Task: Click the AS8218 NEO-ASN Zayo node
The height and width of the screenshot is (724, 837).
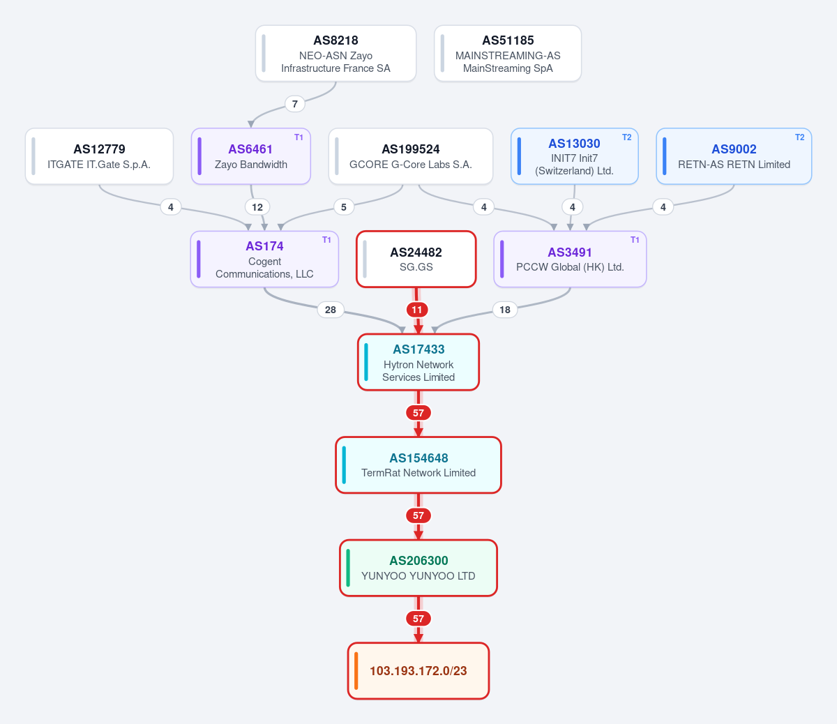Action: (335, 54)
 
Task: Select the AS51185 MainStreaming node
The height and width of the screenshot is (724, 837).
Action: (508, 54)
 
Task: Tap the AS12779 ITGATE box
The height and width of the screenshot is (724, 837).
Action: (99, 156)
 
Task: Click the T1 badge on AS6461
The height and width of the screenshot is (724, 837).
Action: (299, 137)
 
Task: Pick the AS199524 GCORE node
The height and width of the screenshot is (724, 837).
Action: (411, 156)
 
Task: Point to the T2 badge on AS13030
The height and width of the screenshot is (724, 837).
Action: (627, 137)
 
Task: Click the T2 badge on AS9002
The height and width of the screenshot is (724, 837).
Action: (800, 137)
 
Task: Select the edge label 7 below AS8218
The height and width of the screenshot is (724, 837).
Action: (295, 104)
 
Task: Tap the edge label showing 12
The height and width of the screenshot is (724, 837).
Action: (257, 207)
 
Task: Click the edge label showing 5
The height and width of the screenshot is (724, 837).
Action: (344, 207)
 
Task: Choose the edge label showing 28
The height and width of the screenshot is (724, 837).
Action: (331, 310)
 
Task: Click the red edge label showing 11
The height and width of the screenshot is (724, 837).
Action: (417, 310)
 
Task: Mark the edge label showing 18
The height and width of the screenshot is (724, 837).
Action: (505, 310)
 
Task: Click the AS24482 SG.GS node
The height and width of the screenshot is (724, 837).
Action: (416, 259)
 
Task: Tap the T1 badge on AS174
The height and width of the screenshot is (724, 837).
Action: (327, 240)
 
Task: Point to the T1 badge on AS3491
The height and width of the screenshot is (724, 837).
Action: (635, 240)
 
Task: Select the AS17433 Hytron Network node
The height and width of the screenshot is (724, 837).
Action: (418, 363)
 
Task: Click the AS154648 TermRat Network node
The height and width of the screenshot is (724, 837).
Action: (418, 465)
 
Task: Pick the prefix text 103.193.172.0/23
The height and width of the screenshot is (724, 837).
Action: (418, 671)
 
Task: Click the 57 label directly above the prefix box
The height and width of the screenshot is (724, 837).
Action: (418, 619)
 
